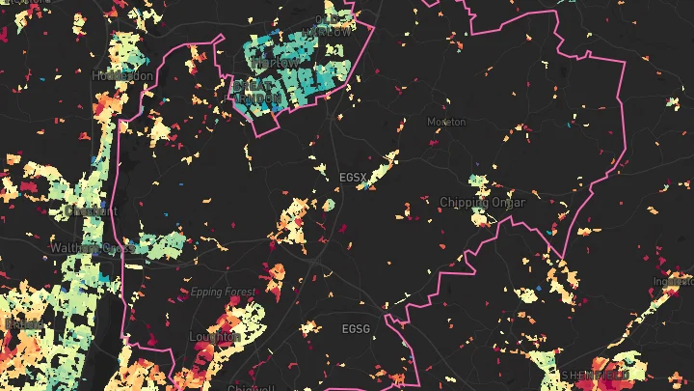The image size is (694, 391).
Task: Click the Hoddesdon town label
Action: point(122,75)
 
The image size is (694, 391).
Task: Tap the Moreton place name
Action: point(446,123)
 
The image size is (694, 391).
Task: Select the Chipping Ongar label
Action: point(482,203)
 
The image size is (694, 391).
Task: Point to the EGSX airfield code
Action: point(354,178)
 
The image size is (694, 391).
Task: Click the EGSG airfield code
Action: point(356,329)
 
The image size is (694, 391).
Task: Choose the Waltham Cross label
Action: point(92,248)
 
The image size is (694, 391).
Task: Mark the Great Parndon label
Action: point(258,92)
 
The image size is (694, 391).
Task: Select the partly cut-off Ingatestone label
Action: point(675,282)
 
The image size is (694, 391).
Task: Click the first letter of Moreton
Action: point(431,123)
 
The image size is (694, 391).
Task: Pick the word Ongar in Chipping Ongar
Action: point(509,203)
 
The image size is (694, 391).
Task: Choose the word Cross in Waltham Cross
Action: point(117,248)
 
